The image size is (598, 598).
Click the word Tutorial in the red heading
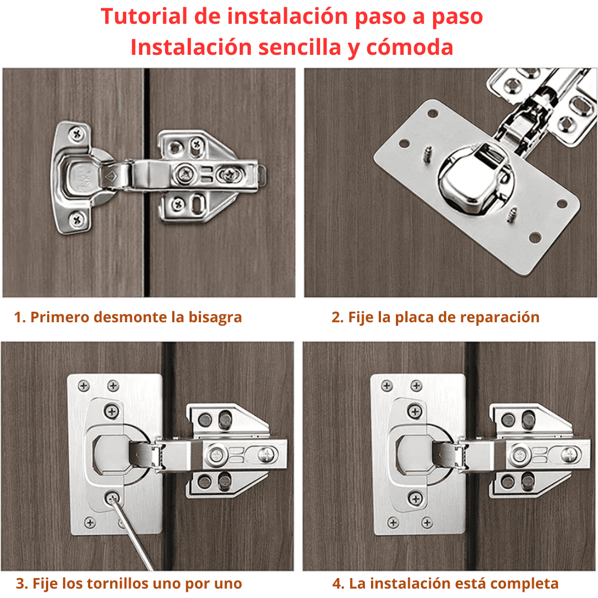tap(144, 17)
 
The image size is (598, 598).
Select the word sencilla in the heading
tap(300, 47)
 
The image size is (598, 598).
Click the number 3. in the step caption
tap(22, 584)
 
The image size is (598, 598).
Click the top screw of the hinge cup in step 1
tap(78, 133)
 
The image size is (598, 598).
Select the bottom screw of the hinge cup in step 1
tap(76, 219)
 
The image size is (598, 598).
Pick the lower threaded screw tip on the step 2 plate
tap(512, 214)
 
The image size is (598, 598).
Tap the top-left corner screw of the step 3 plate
tap(84, 386)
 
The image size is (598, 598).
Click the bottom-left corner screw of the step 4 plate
tap(393, 522)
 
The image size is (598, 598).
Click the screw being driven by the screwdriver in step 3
tap(112, 498)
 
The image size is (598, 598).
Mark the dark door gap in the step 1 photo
tap(146, 182)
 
